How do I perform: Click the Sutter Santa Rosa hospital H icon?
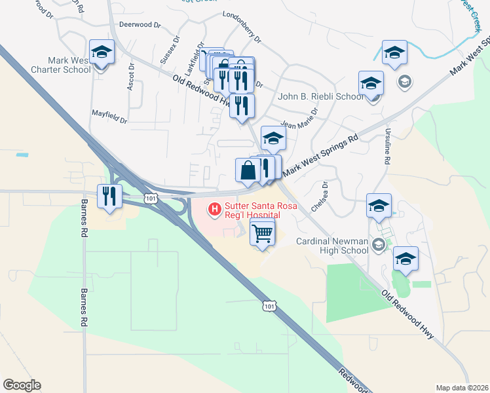click(x=214, y=210)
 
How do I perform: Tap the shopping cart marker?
click(x=262, y=233)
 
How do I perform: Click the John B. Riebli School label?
click(x=320, y=96)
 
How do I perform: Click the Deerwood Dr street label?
click(x=140, y=25)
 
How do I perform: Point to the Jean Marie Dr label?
click(x=299, y=118)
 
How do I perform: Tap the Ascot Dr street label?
click(x=132, y=77)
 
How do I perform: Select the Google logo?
click(x=22, y=385)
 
